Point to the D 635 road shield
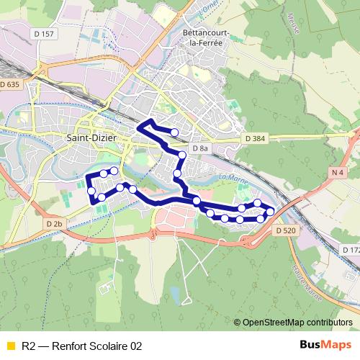11,85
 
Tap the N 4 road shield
338,172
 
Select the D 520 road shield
286,230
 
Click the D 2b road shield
55,224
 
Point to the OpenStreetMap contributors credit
297,323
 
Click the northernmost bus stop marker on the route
174,132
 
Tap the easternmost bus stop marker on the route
271,212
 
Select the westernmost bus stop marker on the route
91,190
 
